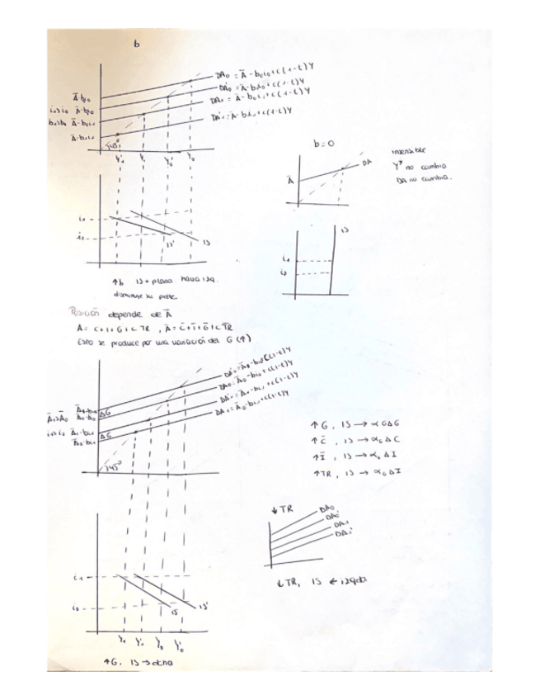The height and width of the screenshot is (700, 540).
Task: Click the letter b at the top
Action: tap(137, 45)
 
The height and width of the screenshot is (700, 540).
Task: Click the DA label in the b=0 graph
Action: tap(367, 163)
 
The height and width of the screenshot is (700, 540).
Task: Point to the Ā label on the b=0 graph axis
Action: tap(289, 180)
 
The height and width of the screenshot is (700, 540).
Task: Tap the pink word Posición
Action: tap(87, 312)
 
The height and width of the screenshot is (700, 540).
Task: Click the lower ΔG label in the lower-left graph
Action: tap(105, 434)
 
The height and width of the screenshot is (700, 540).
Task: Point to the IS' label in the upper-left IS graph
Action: tap(171, 244)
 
